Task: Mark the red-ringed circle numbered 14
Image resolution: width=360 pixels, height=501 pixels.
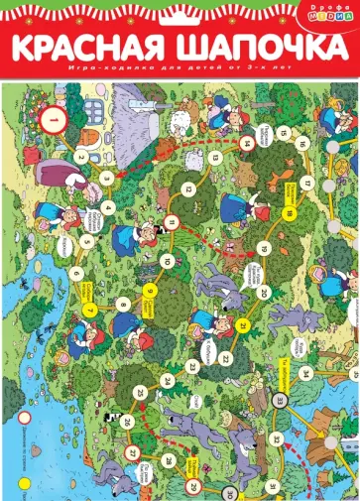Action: [246, 143]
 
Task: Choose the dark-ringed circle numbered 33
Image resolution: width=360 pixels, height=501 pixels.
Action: [281, 372]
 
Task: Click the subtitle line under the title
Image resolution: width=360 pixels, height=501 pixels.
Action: [179, 72]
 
